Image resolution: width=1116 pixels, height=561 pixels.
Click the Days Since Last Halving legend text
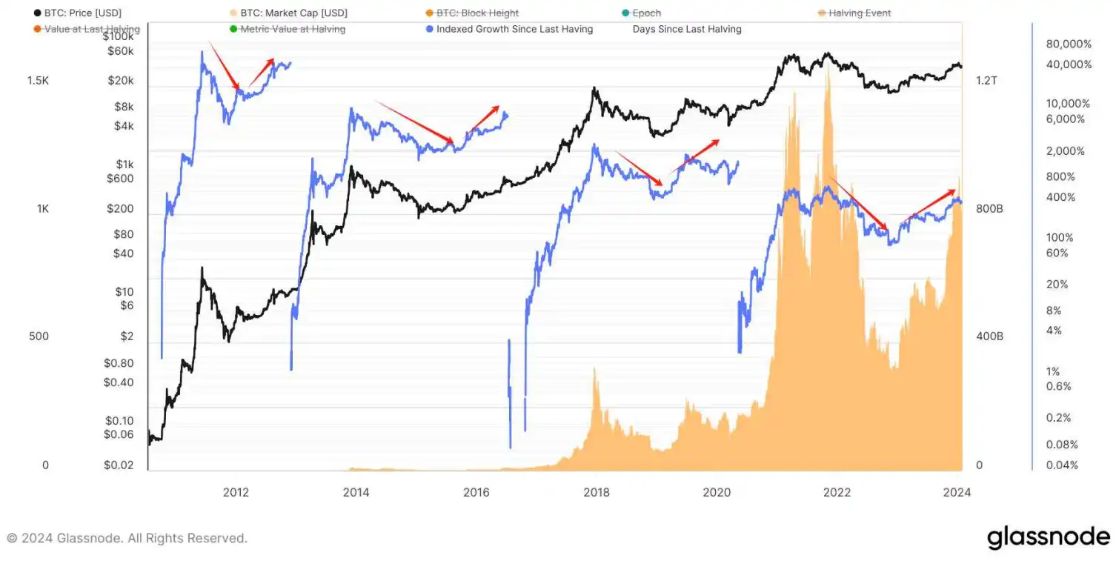(687, 29)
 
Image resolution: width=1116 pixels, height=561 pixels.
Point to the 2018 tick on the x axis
(597, 492)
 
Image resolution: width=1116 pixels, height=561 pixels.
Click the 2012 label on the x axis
(236, 492)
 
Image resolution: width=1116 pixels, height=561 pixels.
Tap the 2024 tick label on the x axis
(957, 492)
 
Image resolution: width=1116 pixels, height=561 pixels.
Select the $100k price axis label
(118, 36)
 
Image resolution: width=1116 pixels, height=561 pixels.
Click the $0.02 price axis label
(119, 465)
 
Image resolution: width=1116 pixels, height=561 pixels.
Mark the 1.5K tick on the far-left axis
(38, 80)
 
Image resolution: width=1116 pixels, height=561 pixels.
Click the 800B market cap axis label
(989, 209)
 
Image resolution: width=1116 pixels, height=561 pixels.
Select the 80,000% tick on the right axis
(1069, 44)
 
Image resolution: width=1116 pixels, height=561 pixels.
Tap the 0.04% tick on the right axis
(1062, 465)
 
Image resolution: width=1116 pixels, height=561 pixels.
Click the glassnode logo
(1048, 538)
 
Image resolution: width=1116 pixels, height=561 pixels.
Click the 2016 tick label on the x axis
(476, 492)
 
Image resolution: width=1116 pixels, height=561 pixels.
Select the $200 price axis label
(120, 208)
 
